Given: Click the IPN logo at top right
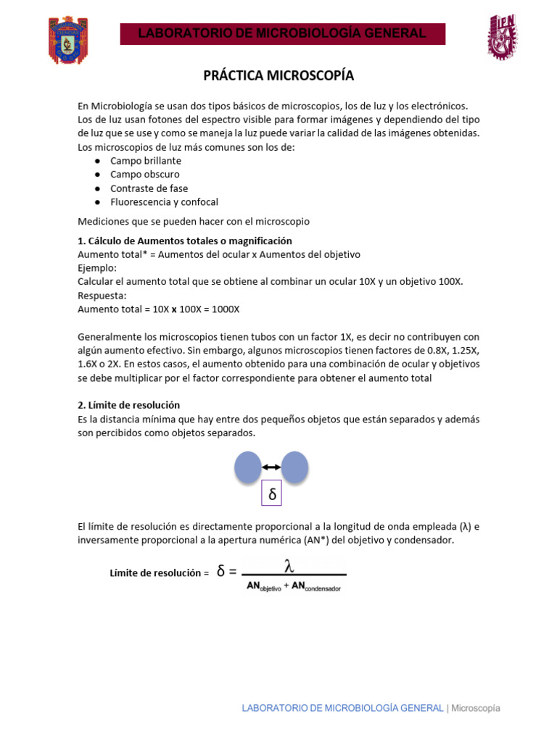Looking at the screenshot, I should [x=501, y=36].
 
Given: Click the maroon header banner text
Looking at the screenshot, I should [x=282, y=33].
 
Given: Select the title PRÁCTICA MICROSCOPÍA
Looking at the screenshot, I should [x=278, y=76].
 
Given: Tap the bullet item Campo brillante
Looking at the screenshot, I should [x=146, y=161].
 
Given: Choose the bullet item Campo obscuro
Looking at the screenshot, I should [x=145, y=175].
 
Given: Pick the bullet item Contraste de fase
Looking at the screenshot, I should [x=149, y=188].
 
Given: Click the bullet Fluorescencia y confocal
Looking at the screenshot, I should [x=164, y=202].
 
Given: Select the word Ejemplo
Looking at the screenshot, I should [x=96, y=268].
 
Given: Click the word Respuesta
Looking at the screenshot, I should [x=102, y=295].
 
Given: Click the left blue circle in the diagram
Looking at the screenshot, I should [x=248, y=467].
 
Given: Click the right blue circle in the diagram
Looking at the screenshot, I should [x=295, y=467].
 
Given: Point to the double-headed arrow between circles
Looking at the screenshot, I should [x=271, y=467].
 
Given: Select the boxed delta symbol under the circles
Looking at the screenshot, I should [x=272, y=494].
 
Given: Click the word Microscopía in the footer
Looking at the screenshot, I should [x=476, y=708].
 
